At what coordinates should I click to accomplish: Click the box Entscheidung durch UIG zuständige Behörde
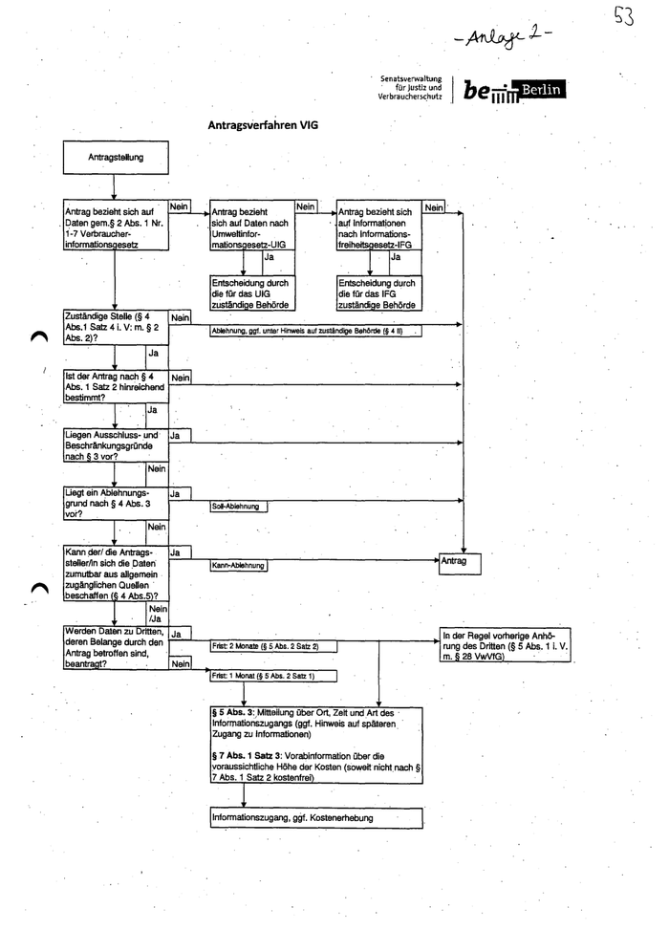(x=251, y=293)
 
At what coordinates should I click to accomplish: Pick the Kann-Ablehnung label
(x=238, y=566)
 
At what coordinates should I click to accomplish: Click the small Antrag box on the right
(x=463, y=562)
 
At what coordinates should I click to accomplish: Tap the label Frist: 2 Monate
(x=265, y=647)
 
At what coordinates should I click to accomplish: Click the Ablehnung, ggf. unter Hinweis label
(x=306, y=331)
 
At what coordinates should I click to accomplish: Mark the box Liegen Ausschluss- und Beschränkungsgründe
(x=114, y=445)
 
